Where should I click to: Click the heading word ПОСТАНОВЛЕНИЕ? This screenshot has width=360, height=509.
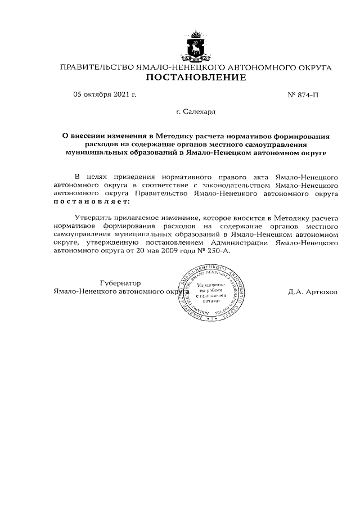point(196,78)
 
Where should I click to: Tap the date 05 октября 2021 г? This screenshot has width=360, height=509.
point(105,94)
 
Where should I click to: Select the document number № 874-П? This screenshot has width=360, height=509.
point(303,94)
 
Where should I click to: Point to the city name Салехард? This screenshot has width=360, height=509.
point(200,112)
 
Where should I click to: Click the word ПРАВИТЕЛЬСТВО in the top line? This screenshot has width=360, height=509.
point(96,67)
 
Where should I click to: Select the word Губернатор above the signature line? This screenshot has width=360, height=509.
point(120,283)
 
